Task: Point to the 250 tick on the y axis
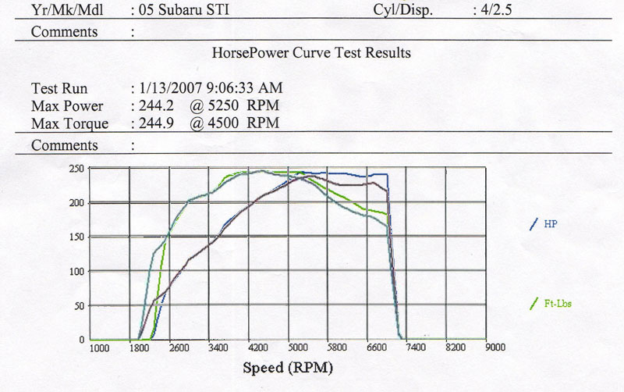pos(76,169)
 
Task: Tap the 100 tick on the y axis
pos(76,271)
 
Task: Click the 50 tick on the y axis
pos(79,305)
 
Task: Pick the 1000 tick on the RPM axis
pos(100,347)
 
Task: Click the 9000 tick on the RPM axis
pos(495,347)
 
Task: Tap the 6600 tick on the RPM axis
pos(374,347)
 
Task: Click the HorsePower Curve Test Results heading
pos(311,54)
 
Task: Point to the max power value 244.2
pos(153,105)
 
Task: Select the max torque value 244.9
pos(153,123)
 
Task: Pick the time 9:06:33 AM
pos(243,87)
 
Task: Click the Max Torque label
pos(69,123)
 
